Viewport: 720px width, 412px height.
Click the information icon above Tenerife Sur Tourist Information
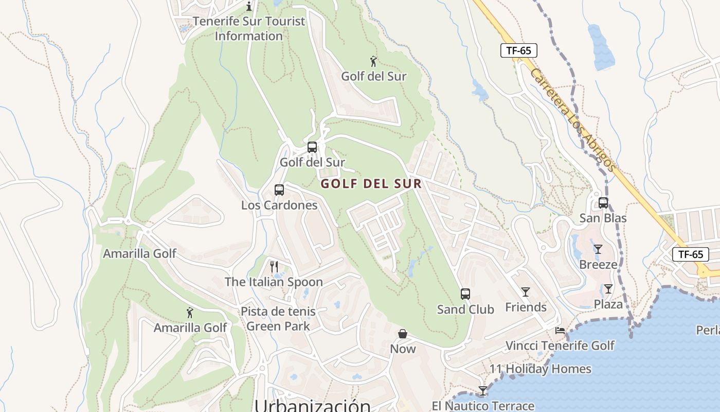(x=249, y=6)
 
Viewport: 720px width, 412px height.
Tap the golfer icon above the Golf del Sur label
(x=374, y=62)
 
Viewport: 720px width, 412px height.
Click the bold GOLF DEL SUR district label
(x=371, y=184)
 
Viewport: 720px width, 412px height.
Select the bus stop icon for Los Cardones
(x=279, y=190)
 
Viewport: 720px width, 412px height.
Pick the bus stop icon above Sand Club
(x=465, y=294)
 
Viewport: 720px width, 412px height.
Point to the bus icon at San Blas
(x=603, y=203)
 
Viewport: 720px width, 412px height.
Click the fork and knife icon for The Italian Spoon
(x=274, y=266)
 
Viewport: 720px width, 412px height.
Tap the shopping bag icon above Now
(x=403, y=334)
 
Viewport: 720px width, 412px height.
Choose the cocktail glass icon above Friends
(x=526, y=292)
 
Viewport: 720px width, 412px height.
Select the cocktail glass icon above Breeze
(x=598, y=249)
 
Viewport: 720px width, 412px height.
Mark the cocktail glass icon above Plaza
(x=608, y=288)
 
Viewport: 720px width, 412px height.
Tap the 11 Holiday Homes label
(x=541, y=369)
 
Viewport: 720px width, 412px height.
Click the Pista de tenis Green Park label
(x=278, y=319)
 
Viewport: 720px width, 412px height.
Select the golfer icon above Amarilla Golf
(x=190, y=313)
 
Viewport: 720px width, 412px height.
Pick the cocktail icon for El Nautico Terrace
(x=482, y=391)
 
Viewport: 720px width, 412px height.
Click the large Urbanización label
(x=313, y=405)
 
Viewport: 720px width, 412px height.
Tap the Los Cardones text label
(x=279, y=205)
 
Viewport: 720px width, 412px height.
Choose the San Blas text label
(x=603, y=218)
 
